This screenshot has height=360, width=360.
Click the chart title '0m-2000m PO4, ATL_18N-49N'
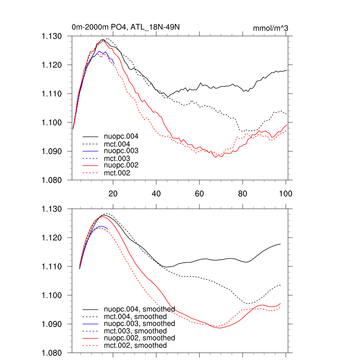[126, 27]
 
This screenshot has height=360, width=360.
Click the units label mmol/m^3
[270, 28]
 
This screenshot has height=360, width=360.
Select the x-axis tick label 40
[156, 193]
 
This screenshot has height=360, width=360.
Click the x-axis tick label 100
[285, 193]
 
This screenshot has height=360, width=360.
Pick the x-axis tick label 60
[199, 193]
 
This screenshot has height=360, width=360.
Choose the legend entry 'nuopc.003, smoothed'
[139, 323]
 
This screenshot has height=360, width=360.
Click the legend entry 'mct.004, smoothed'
[135, 316]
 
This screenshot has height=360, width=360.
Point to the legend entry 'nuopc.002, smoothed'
[139, 338]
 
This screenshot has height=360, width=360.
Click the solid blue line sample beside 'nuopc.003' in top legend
[90, 151]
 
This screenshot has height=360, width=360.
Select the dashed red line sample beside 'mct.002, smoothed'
[90, 346]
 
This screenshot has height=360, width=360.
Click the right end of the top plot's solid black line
[287, 70]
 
